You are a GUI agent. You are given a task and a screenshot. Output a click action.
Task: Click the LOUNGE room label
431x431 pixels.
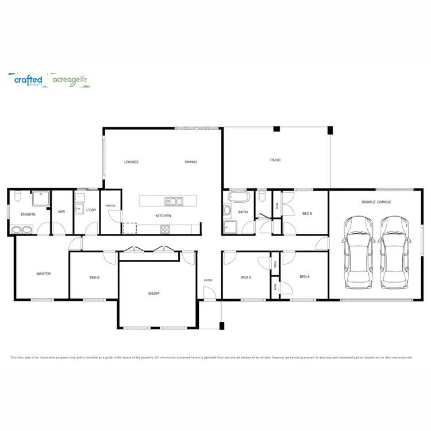[x=131, y=162]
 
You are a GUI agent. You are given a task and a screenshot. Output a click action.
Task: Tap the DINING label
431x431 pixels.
[x=191, y=162]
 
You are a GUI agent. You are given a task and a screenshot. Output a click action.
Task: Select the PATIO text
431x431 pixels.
[x=275, y=160]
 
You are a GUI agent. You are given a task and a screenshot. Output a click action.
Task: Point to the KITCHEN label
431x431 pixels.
[x=163, y=215]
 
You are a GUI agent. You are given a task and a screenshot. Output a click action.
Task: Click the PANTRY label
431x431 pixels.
[x=110, y=206]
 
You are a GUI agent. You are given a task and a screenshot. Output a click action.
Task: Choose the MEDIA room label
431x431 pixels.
[x=153, y=293]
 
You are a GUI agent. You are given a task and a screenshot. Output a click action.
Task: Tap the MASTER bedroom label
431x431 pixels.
[x=44, y=274]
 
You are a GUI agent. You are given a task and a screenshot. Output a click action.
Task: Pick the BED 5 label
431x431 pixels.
[x=307, y=214]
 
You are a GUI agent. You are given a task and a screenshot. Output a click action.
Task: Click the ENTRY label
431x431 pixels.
[x=208, y=280]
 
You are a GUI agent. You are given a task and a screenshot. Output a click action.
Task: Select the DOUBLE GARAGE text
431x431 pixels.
[x=376, y=202]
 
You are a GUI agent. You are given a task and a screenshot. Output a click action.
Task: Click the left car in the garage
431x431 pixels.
[x=359, y=253]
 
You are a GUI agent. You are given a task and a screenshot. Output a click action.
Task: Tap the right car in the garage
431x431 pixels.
[x=394, y=253]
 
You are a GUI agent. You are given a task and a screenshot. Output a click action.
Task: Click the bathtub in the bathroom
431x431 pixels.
[x=238, y=198]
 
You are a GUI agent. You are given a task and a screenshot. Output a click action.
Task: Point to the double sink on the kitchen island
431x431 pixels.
[x=174, y=201]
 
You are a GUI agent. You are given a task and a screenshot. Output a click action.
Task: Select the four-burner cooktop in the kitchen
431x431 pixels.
[x=165, y=229]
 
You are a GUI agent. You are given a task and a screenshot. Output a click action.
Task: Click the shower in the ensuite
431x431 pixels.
[x=40, y=199]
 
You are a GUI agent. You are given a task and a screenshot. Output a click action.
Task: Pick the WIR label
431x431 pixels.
[x=61, y=211]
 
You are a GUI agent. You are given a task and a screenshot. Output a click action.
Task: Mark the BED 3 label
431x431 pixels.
[x=246, y=278]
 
